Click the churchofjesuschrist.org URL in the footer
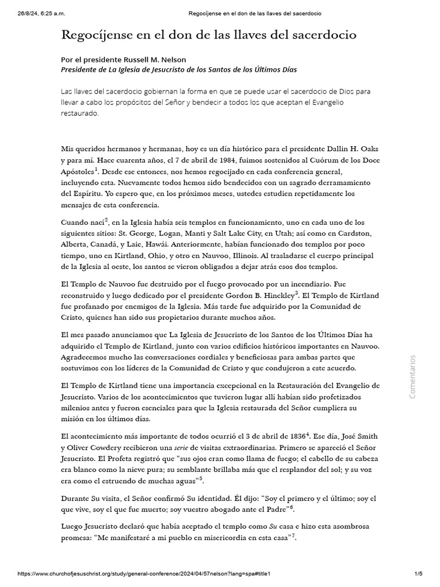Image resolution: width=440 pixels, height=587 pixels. [144, 574]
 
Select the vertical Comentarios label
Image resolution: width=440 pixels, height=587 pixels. [412, 377]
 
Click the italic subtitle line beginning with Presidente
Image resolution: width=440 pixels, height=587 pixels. [178, 69]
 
